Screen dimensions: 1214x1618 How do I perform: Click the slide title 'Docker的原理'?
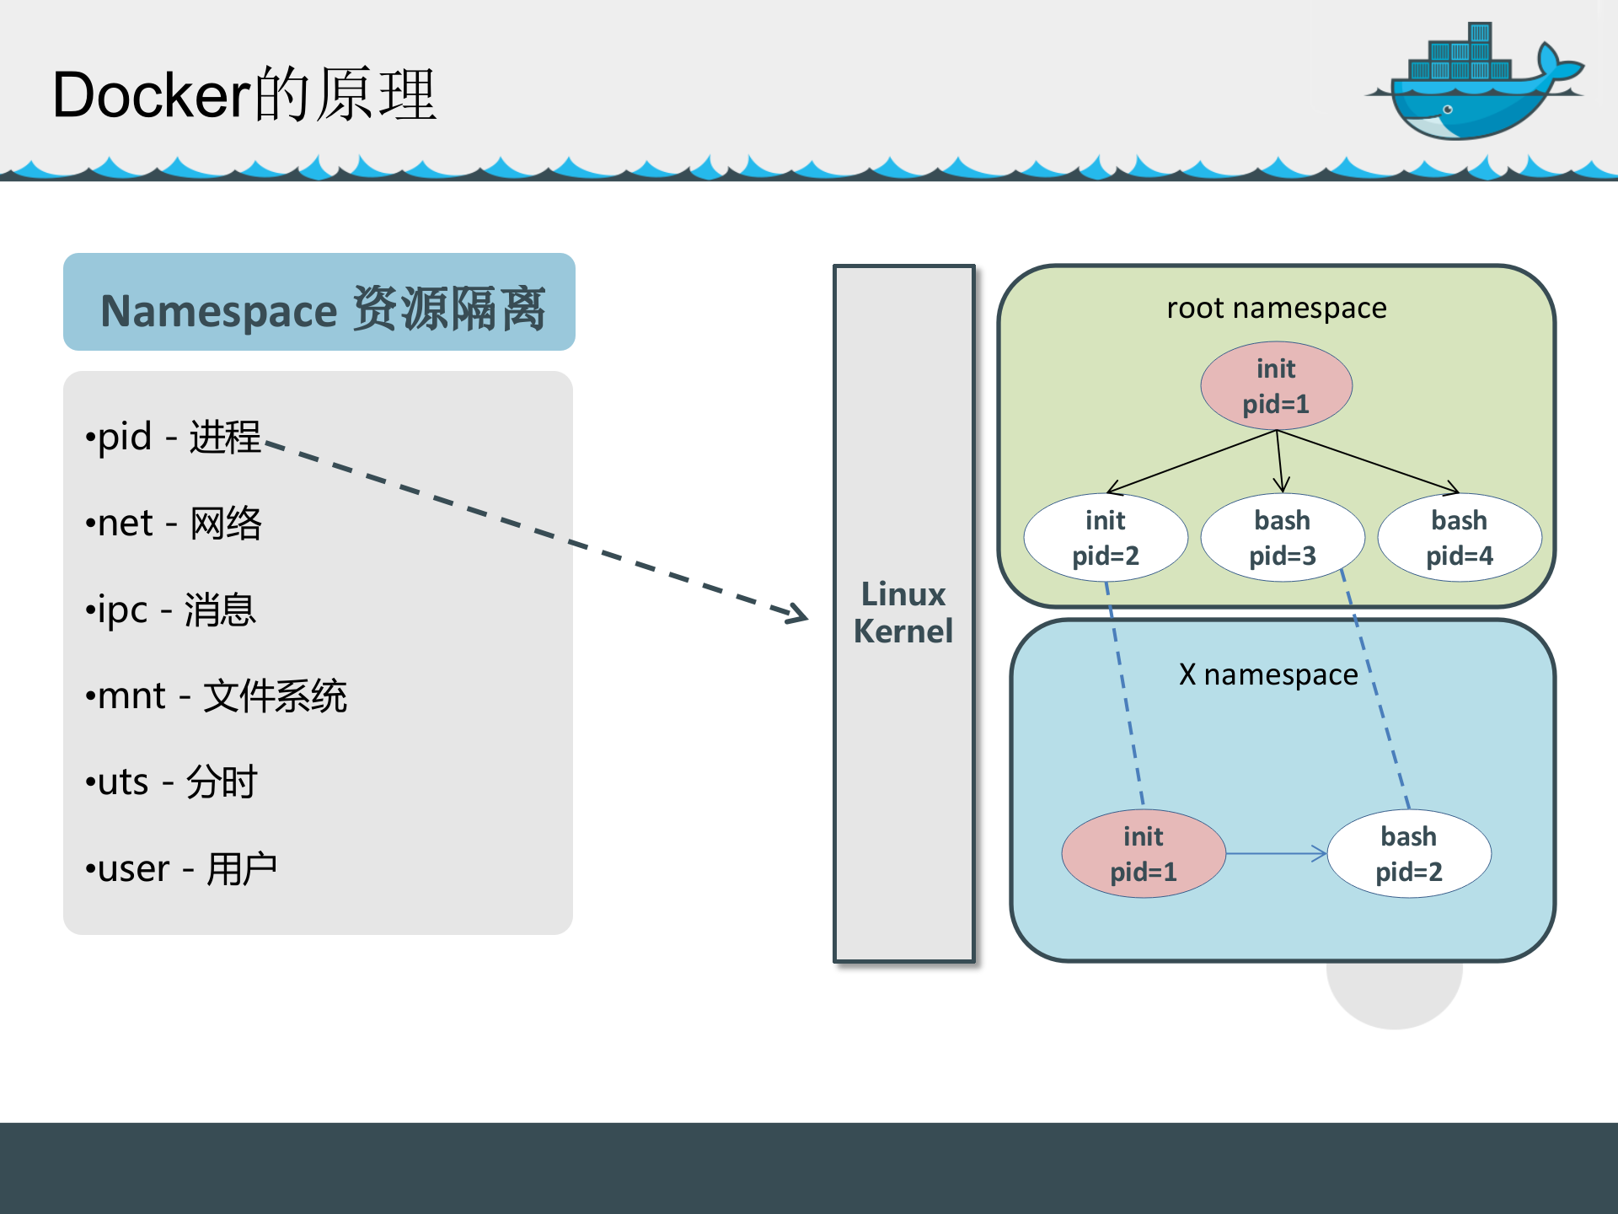(x=244, y=94)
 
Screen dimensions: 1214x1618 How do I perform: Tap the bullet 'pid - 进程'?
(x=173, y=437)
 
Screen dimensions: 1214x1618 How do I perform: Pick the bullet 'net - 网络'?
(x=174, y=524)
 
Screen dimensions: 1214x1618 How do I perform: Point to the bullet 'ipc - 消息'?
(x=170, y=610)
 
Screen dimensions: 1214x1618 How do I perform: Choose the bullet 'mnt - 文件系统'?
(x=216, y=696)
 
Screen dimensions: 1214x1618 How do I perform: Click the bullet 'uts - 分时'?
(x=171, y=782)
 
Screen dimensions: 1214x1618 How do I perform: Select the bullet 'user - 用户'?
(x=181, y=869)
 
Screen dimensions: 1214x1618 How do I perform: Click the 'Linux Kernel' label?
(x=903, y=613)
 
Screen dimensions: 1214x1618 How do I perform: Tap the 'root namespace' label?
(x=1276, y=309)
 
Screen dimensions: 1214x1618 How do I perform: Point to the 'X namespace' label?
(x=1267, y=674)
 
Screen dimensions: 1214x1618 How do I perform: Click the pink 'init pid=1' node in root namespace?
(x=1276, y=386)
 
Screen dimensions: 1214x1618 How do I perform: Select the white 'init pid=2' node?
(x=1106, y=538)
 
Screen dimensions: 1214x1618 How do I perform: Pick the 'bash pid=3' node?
(x=1282, y=538)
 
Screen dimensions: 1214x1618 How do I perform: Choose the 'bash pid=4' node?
(x=1459, y=538)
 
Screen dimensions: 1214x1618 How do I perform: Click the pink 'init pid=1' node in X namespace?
(x=1143, y=854)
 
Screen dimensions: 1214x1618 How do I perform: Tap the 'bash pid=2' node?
(x=1408, y=854)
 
